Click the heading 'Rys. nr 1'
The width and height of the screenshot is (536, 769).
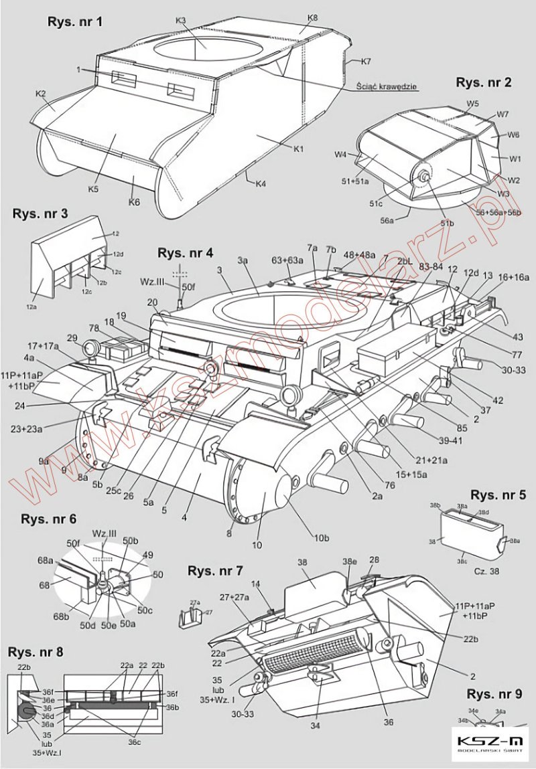click(75, 22)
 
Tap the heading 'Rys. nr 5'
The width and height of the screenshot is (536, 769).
click(498, 495)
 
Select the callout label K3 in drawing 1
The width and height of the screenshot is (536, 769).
click(181, 21)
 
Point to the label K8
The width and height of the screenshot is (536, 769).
click(312, 17)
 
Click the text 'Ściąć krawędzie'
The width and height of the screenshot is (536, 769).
click(387, 86)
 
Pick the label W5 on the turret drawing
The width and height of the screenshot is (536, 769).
click(473, 104)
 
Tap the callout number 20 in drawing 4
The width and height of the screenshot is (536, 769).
click(152, 302)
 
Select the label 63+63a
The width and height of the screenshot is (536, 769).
click(286, 259)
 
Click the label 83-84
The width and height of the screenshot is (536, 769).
click(431, 266)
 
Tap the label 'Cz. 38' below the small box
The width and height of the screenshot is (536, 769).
click(476, 572)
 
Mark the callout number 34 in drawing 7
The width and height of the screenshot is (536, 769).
click(314, 725)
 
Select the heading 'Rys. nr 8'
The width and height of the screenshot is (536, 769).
click(36, 653)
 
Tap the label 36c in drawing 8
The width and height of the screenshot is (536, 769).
click(135, 742)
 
